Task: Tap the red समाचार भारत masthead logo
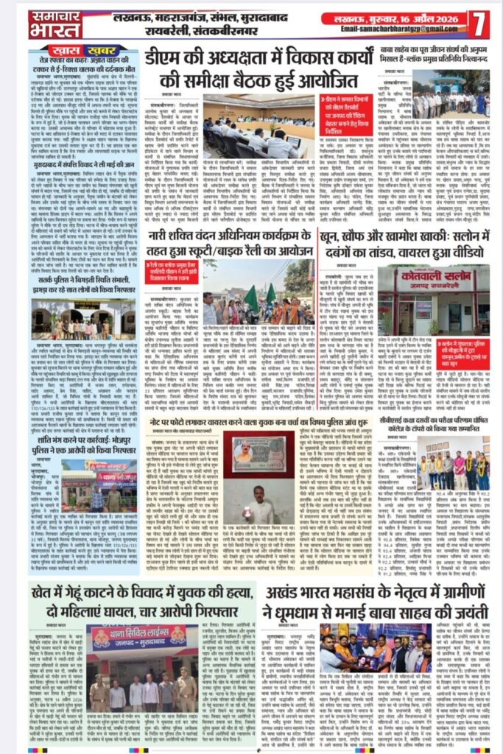(x=55, y=25)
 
